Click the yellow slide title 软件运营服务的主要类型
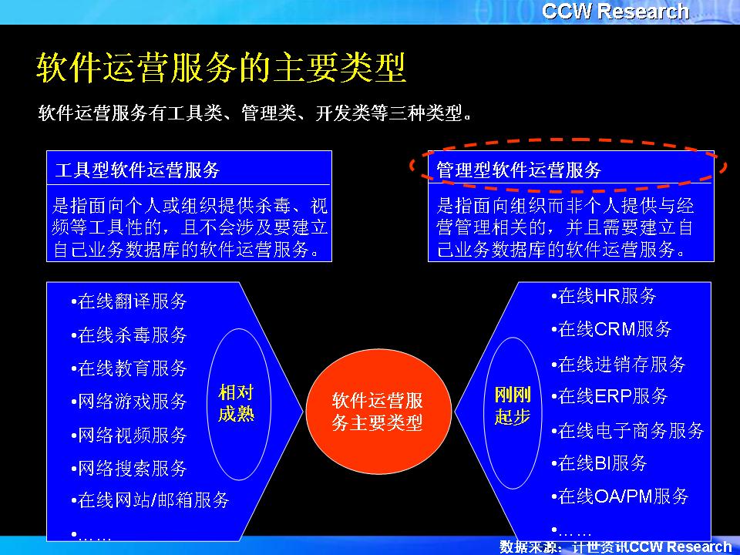[x=221, y=67]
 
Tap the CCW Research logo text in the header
[x=615, y=12]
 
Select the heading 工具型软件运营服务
[x=137, y=170]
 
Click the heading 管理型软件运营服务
[x=519, y=170]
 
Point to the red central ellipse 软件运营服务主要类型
[x=378, y=412]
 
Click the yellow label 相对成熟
[x=236, y=402]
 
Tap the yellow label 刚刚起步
[x=513, y=405]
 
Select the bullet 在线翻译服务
[x=129, y=301]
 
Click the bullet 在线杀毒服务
[x=129, y=335]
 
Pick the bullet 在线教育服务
[x=129, y=368]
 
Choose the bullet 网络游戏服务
[x=129, y=401]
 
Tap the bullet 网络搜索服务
[x=129, y=468]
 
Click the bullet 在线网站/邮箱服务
[x=150, y=500]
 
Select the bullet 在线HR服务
[x=604, y=296]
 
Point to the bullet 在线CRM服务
[x=611, y=329]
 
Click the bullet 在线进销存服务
[x=618, y=365]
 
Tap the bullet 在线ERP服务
[x=610, y=396]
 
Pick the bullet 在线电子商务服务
[x=627, y=430]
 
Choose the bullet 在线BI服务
[x=600, y=463]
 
